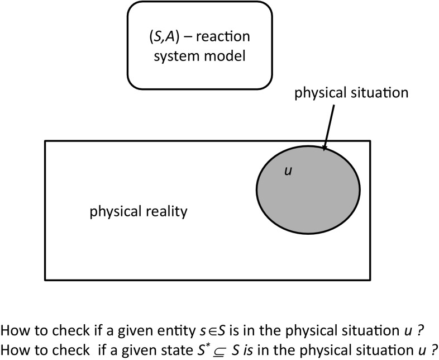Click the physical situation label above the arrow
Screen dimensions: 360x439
352,93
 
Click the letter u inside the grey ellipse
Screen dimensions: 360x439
288,172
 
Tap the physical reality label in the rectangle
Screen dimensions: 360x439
139,212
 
